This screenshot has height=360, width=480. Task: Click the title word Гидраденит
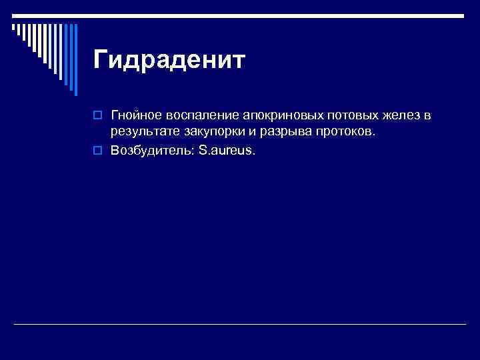(169, 60)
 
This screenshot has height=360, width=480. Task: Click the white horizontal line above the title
(267, 15)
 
